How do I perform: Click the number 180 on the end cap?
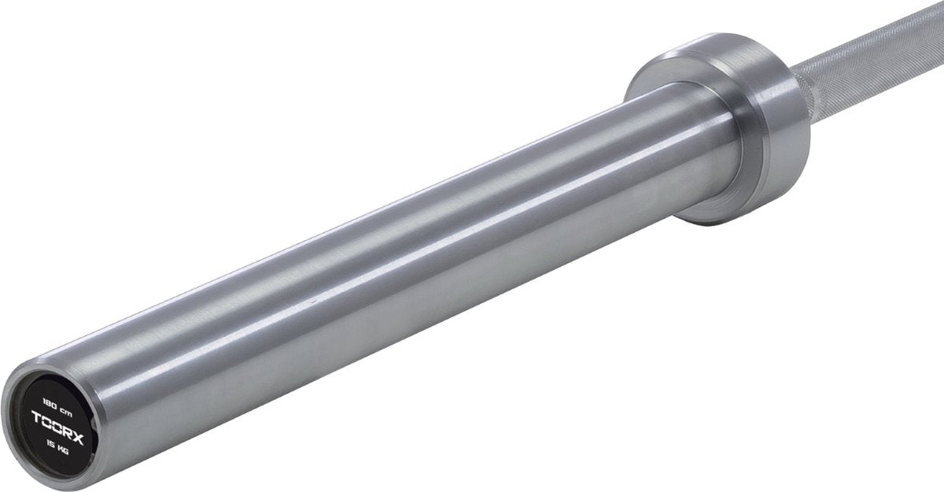point(50,405)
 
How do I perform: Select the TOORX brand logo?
point(57,427)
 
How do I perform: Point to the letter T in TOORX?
point(37,417)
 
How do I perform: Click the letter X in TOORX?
point(78,438)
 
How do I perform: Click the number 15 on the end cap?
point(51,443)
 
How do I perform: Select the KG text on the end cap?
point(63,449)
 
